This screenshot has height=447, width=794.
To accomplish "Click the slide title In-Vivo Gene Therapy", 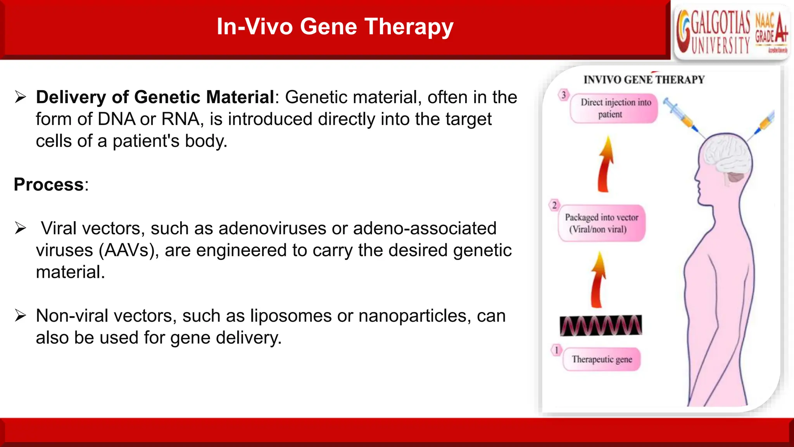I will (335, 27).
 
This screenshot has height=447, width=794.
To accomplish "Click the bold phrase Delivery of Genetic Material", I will (155, 97).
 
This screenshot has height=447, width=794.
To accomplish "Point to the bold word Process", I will (49, 185).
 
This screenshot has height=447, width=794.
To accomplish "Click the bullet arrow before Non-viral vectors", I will (20, 315).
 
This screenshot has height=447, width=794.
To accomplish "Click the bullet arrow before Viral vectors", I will (20, 228).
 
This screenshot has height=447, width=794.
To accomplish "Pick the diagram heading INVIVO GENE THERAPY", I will (644, 80).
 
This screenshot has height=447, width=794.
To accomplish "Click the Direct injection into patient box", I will (614, 108).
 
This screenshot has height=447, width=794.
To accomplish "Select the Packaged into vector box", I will (601, 223).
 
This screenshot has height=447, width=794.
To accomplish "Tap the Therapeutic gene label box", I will (601, 359).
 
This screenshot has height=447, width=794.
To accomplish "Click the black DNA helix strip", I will (601, 325).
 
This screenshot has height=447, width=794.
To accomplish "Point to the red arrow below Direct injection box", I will (605, 165).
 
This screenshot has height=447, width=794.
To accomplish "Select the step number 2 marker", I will (554, 205).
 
